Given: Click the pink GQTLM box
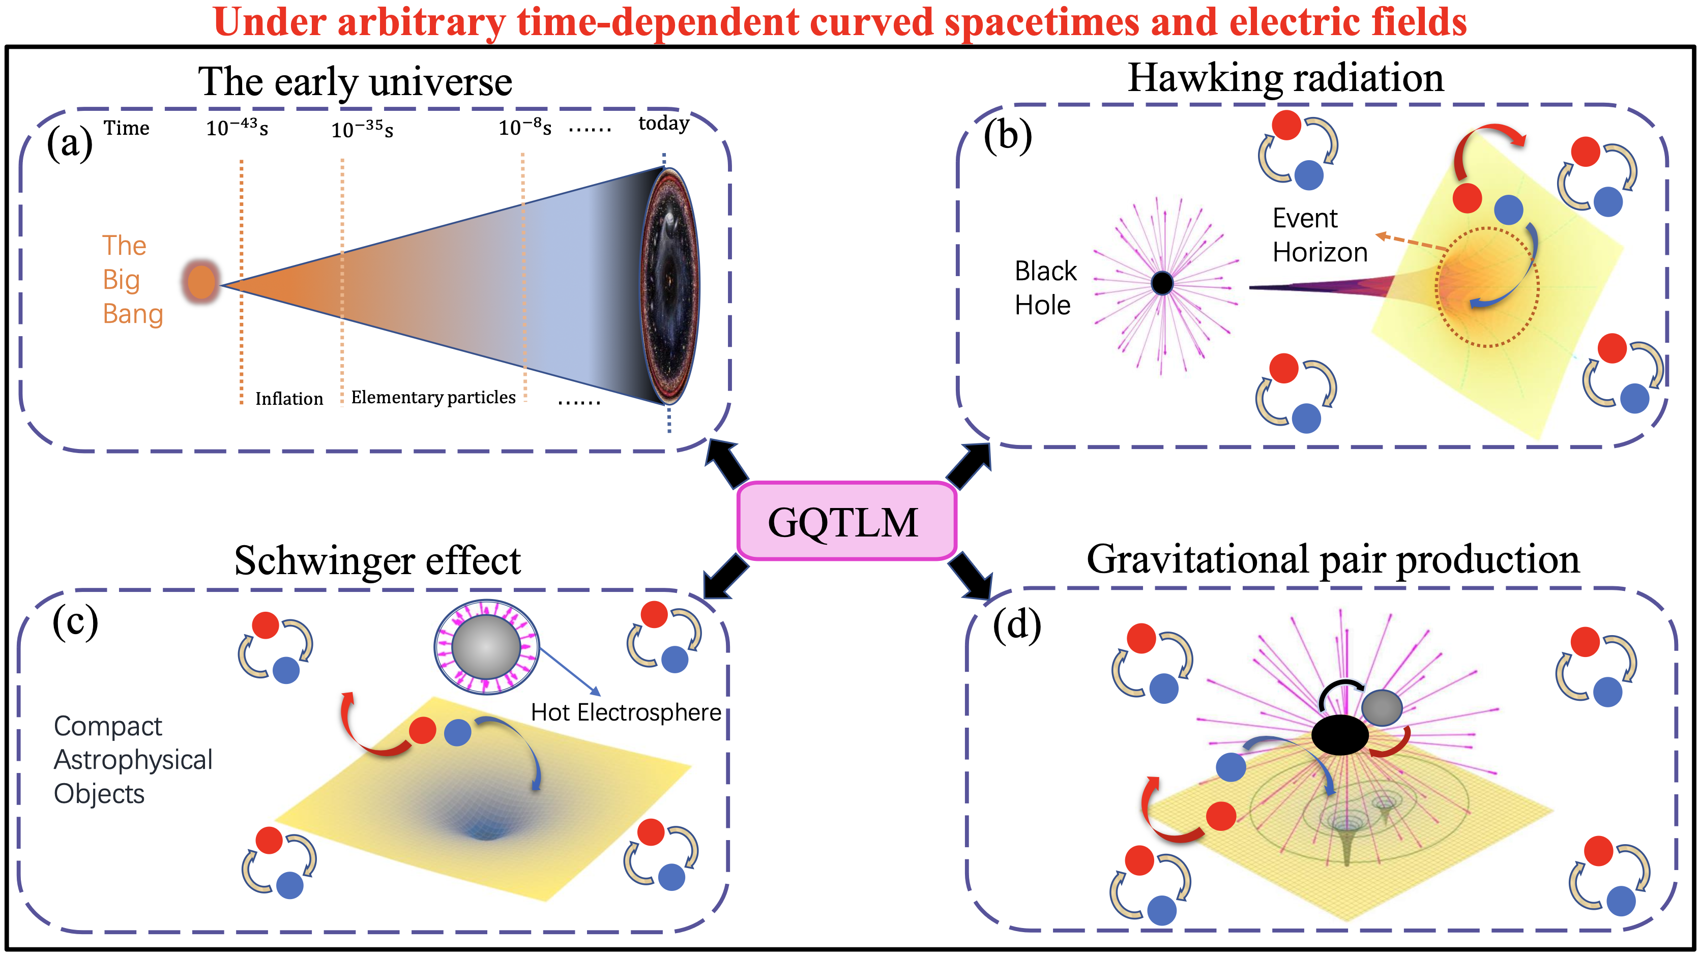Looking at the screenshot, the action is pos(846,521).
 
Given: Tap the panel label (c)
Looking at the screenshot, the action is pos(75,621).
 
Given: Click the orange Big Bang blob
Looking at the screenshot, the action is pos(201,282).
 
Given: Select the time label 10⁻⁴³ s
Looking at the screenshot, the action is pos(237,127).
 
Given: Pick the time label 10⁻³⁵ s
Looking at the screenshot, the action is pos(362,129).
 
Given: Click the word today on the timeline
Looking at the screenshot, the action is pos(663,124).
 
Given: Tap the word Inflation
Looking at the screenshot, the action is pos(289,398).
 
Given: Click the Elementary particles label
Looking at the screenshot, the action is pos(433,397).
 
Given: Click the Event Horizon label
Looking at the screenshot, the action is pos(1320,235).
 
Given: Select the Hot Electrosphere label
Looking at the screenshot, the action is pos(626,712).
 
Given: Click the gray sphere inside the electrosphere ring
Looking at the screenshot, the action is pos(487,647).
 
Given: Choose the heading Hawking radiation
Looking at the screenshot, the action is pos(1286,78).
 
